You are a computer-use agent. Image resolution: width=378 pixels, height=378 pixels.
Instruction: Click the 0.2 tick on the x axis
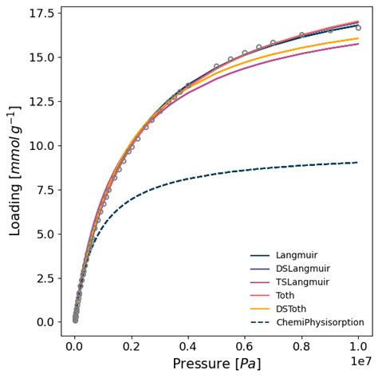(x=132, y=348)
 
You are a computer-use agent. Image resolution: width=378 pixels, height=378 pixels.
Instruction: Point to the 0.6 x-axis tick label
(x=245, y=348)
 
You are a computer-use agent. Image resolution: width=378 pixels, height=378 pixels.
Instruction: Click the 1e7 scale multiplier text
(x=362, y=361)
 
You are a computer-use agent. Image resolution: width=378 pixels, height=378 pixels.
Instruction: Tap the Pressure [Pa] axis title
(x=217, y=364)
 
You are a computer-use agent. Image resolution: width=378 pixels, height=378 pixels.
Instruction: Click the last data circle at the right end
(x=358, y=28)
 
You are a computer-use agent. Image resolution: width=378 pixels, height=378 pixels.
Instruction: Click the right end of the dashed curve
(x=358, y=163)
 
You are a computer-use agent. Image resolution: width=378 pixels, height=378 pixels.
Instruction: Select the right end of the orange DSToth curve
(x=358, y=38)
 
